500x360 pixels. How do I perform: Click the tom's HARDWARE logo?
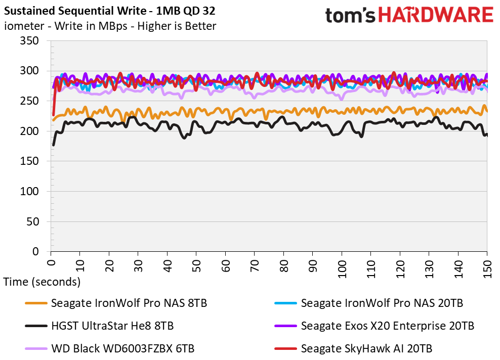click(x=409, y=15)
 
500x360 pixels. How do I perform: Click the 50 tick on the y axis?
click(x=35, y=221)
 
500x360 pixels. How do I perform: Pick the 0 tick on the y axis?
click(x=38, y=251)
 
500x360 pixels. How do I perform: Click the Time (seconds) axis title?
click(x=41, y=282)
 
